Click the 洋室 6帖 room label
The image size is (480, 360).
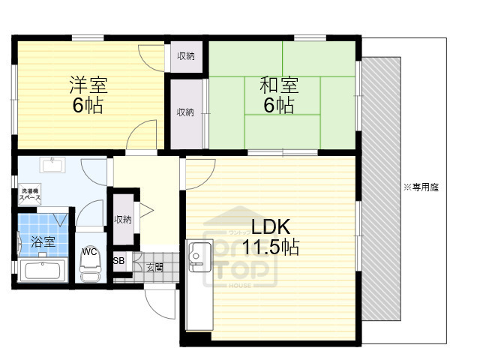tap(88, 95)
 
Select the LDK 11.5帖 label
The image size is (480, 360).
tap(274, 238)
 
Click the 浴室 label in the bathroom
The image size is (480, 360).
tap(43, 241)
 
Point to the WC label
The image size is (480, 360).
tap(89, 251)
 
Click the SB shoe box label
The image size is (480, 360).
tap(118, 261)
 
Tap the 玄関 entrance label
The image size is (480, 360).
tap(154, 267)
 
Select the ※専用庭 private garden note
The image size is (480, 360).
tap(421, 187)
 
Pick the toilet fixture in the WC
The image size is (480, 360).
tap(90, 268)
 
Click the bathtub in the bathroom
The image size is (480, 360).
tap(43, 270)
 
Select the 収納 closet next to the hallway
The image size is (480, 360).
tap(123, 220)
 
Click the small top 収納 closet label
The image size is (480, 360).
tap(186, 55)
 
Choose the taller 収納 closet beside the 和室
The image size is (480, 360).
tap(185, 112)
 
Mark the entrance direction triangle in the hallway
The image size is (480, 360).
tap(148, 211)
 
